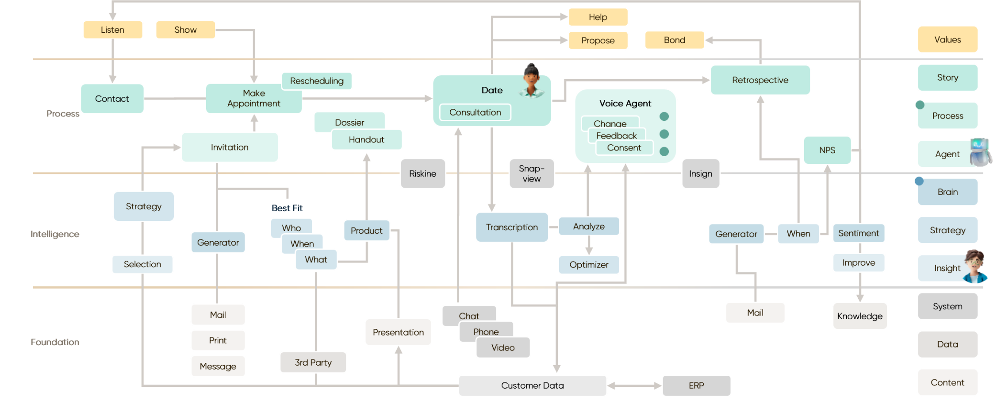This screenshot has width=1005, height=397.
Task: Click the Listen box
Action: pos(113,30)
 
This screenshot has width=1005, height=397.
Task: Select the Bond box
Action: pos(674,40)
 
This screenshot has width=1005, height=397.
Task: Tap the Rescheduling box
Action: pos(317,81)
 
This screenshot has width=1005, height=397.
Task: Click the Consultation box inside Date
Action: pos(475,112)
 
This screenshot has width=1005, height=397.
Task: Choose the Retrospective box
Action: pos(760,80)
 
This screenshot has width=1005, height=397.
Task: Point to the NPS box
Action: pos(827,150)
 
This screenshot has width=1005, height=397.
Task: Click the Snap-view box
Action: pos(531,173)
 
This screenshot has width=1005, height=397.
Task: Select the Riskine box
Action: pos(422,173)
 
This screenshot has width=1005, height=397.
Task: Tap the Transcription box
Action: pos(512,227)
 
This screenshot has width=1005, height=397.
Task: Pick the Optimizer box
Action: pos(589,265)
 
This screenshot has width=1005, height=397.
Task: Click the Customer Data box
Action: pos(532,385)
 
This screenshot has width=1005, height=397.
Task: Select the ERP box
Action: pos(696,385)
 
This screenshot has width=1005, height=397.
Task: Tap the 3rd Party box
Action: pos(313,362)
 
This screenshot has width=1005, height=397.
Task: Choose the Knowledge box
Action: pos(859,316)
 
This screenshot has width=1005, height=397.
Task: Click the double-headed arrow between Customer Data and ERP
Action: pos(634,385)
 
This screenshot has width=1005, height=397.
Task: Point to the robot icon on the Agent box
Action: pos(981,151)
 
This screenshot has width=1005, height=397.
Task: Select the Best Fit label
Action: pos(287,208)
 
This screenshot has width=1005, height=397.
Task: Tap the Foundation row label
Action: pos(55,342)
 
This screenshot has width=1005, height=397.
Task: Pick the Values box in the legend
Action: pos(947,39)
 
